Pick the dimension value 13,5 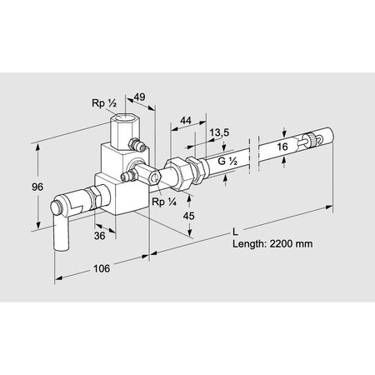[219, 133]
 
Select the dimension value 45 [189, 216]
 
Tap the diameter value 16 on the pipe [283, 147]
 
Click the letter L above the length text [237, 228]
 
